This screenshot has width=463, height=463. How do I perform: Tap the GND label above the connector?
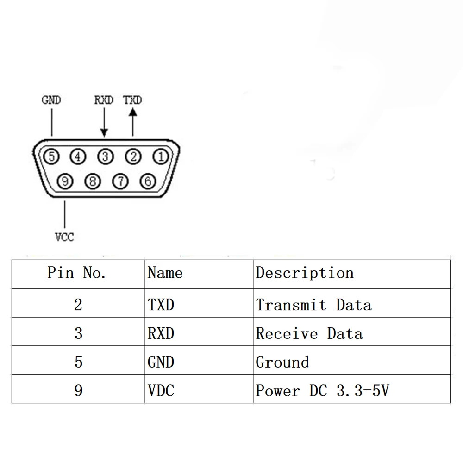click(51, 100)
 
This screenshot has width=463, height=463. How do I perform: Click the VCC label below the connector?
click(64, 237)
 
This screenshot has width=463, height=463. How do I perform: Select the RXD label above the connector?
click(104, 100)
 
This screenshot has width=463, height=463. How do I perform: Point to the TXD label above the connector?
click(132, 100)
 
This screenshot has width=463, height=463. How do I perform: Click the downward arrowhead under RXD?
click(104, 132)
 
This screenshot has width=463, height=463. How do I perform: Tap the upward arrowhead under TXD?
click(133, 112)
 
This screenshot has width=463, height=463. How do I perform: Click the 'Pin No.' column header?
click(76, 273)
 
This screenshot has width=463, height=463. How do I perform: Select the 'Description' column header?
click(305, 273)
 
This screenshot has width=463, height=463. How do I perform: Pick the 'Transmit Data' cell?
click(313, 305)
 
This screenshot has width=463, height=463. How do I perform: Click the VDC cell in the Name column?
click(161, 390)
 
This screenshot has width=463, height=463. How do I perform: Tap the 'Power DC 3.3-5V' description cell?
click(322, 390)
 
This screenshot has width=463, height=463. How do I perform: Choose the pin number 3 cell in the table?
click(78, 333)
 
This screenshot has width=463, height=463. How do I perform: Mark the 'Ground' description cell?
click(282, 362)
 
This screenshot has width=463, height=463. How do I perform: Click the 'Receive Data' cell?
click(309, 333)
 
